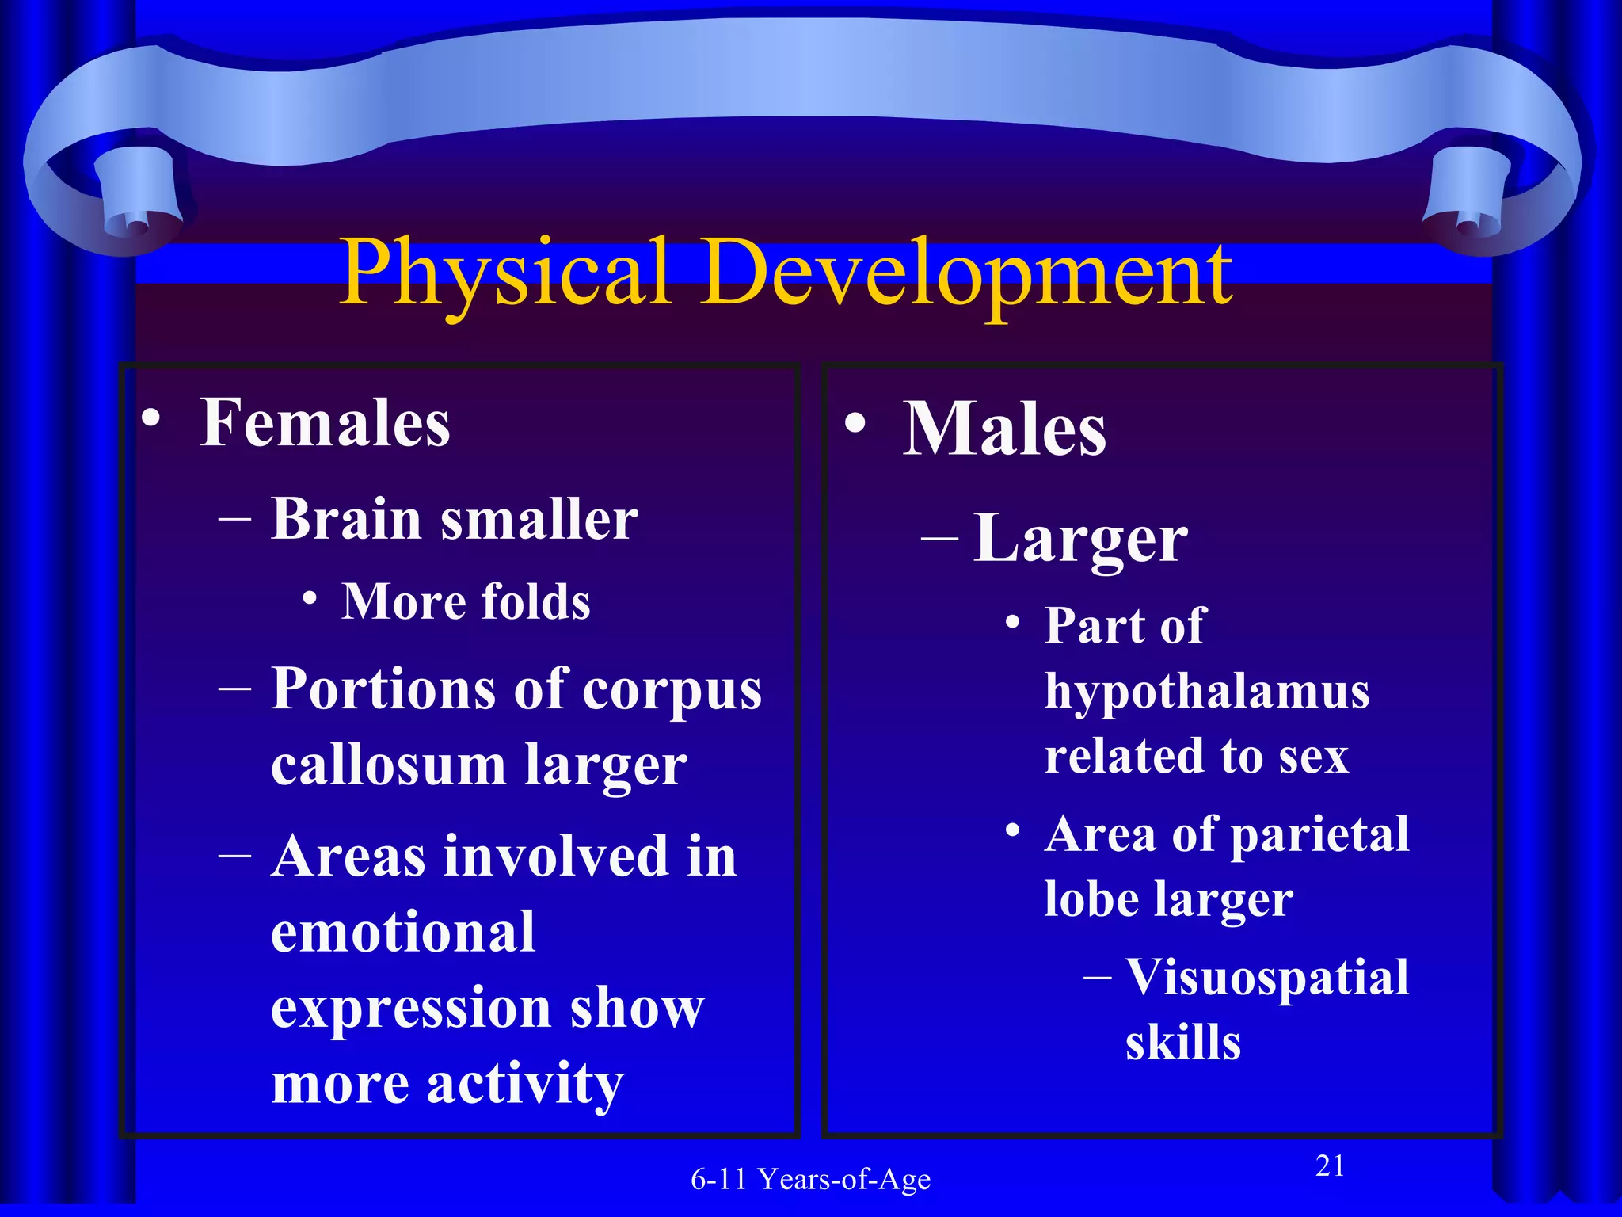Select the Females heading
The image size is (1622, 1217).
[325, 424]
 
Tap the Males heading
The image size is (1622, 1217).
[1004, 429]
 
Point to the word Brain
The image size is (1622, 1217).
[346, 520]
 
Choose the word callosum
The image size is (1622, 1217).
[388, 765]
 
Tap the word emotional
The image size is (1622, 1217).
[403, 932]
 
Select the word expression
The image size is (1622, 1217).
[410, 1008]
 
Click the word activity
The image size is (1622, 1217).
[526, 1084]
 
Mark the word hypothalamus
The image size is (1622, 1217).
[1207, 692]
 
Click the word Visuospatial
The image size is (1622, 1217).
[1267, 977]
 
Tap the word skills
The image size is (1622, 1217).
[1183, 1042]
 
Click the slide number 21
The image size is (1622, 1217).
[1330, 1166]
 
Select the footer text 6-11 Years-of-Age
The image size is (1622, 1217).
[810, 1180]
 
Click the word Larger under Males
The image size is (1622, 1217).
[1080, 540]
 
